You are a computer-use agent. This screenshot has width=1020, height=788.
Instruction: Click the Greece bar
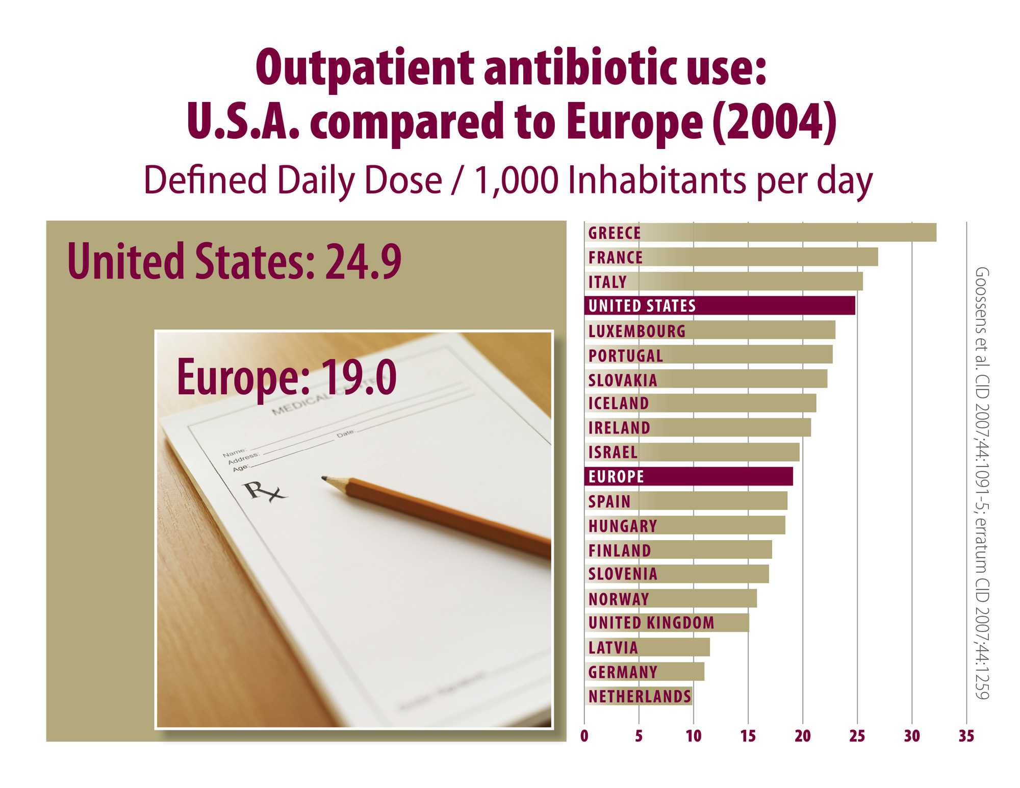pos(760,233)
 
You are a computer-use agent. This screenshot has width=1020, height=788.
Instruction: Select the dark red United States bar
pos(719,306)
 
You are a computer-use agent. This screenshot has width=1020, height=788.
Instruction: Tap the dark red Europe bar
pos(688,476)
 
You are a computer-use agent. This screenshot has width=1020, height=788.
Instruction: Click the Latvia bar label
pos(613,648)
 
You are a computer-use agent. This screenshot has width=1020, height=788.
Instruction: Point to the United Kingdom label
pos(651,623)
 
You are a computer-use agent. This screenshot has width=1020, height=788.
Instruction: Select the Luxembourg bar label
pos(637,331)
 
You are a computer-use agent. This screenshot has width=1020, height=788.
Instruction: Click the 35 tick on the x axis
pos(966,736)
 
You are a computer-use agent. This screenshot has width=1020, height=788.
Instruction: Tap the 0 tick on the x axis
pos(584,736)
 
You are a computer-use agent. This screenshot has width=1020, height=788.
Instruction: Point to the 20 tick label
pos(802,736)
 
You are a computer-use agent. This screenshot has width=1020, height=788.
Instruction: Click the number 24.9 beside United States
pos(363,261)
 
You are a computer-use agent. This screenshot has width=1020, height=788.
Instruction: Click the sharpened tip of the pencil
pos(324,478)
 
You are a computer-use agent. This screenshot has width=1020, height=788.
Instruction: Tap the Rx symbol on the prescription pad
pos(265,491)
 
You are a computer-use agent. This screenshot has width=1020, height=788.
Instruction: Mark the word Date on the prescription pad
pos(345,433)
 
